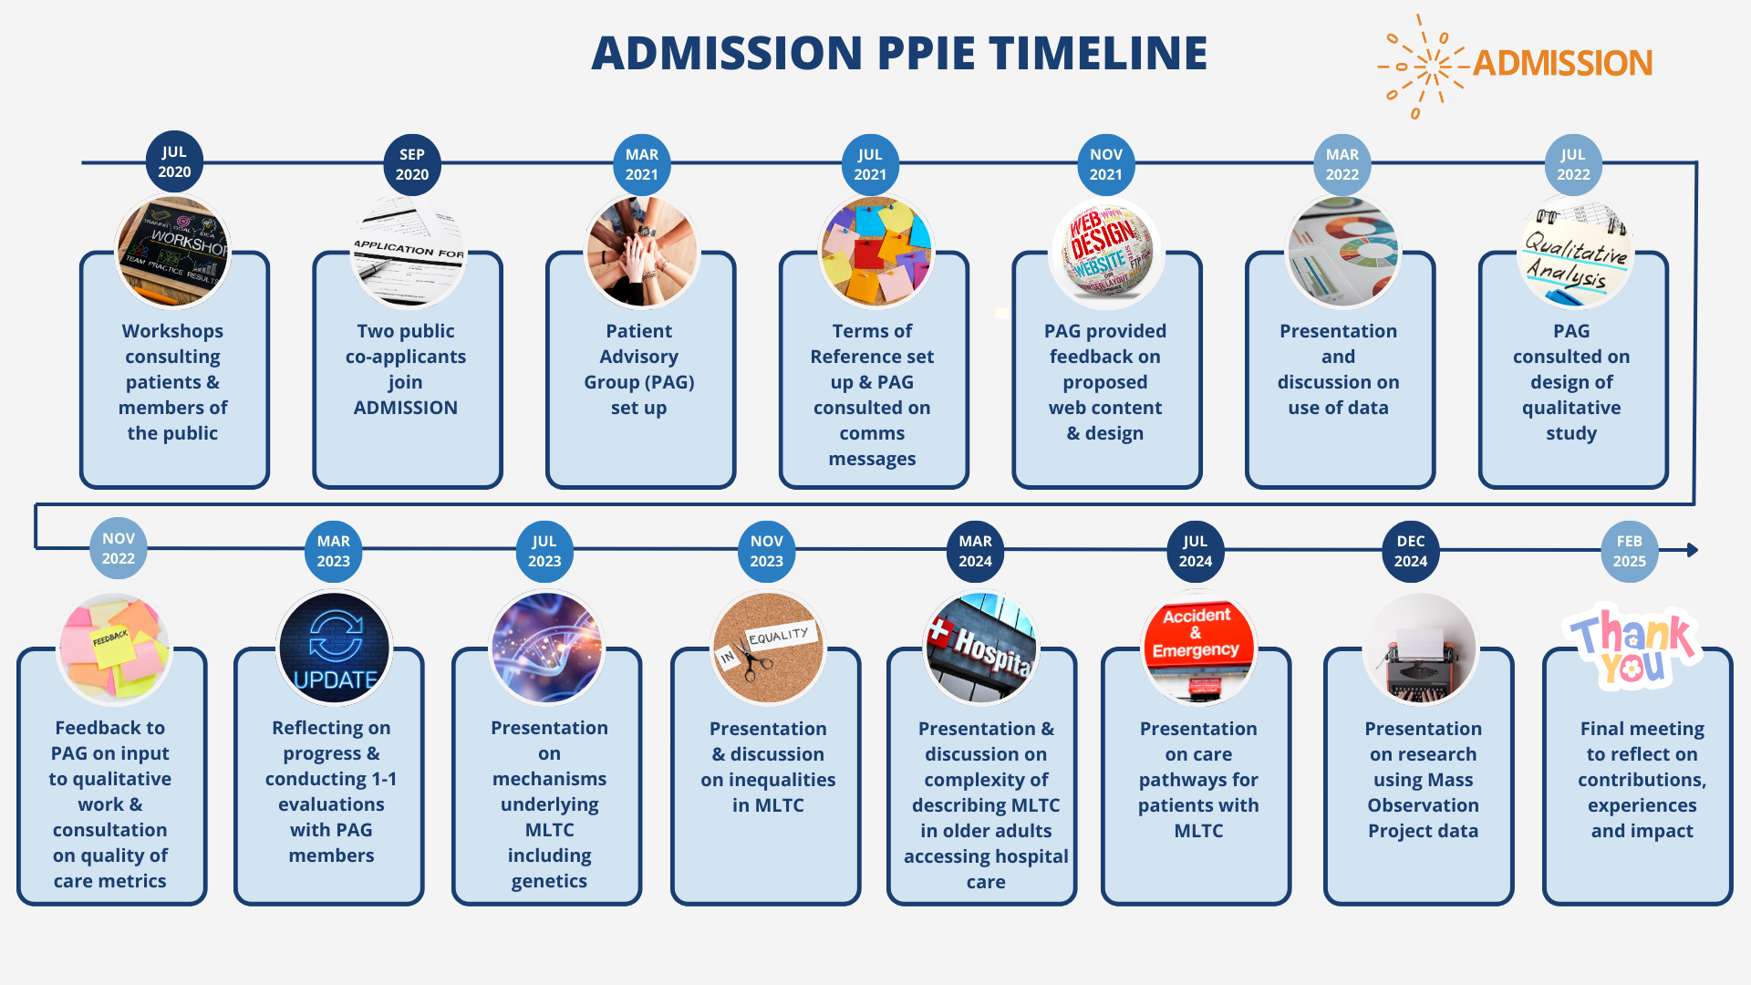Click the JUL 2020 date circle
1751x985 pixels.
click(x=174, y=162)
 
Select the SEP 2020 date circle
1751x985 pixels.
click(x=412, y=165)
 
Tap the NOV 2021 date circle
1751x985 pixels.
click(x=1105, y=165)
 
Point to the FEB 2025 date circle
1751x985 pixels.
click(x=1629, y=552)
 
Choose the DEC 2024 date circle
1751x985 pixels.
click(x=1410, y=552)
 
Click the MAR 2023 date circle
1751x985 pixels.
click(x=333, y=552)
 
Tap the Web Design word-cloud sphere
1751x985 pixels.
click(x=1105, y=253)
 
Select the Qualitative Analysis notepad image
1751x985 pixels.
click(x=1574, y=253)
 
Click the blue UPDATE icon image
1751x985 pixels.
click(x=335, y=648)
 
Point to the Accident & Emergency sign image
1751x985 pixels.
click(x=1198, y=648)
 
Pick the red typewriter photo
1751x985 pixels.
click(x=1420, y=648)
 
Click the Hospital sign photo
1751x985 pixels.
click(x=981, y=648)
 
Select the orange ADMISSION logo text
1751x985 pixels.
click(x=1562, y=63)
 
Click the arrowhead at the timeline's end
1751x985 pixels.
click(x=1692, y=550)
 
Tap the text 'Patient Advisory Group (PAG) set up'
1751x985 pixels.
click(x=639, y=369)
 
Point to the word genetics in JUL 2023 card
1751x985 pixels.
click(x=549, y=881)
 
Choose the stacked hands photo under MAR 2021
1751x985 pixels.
click(x=641, y=253)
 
